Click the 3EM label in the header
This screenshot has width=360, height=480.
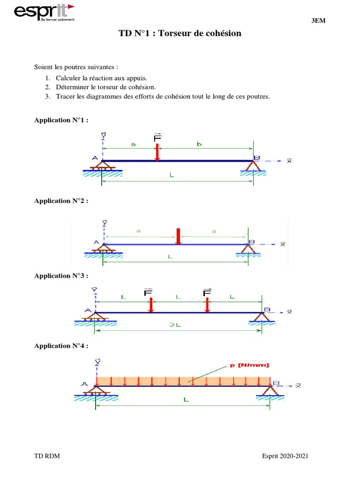[319, 21]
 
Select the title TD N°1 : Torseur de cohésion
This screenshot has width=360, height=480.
[180, 33]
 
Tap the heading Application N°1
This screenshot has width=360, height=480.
[61, 120]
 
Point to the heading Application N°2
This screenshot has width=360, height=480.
[61, 201]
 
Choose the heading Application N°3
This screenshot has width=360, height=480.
[61, 276]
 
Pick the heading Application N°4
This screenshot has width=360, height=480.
[61, 345]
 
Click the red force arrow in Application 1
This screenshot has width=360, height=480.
[157, 152]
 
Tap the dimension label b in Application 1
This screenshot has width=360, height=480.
[199, 145]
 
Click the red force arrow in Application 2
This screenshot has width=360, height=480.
[178, 236]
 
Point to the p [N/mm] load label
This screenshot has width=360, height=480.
[249, 365]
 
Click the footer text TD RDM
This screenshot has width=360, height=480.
[47, 457]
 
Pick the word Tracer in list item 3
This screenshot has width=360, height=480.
[66, 97]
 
